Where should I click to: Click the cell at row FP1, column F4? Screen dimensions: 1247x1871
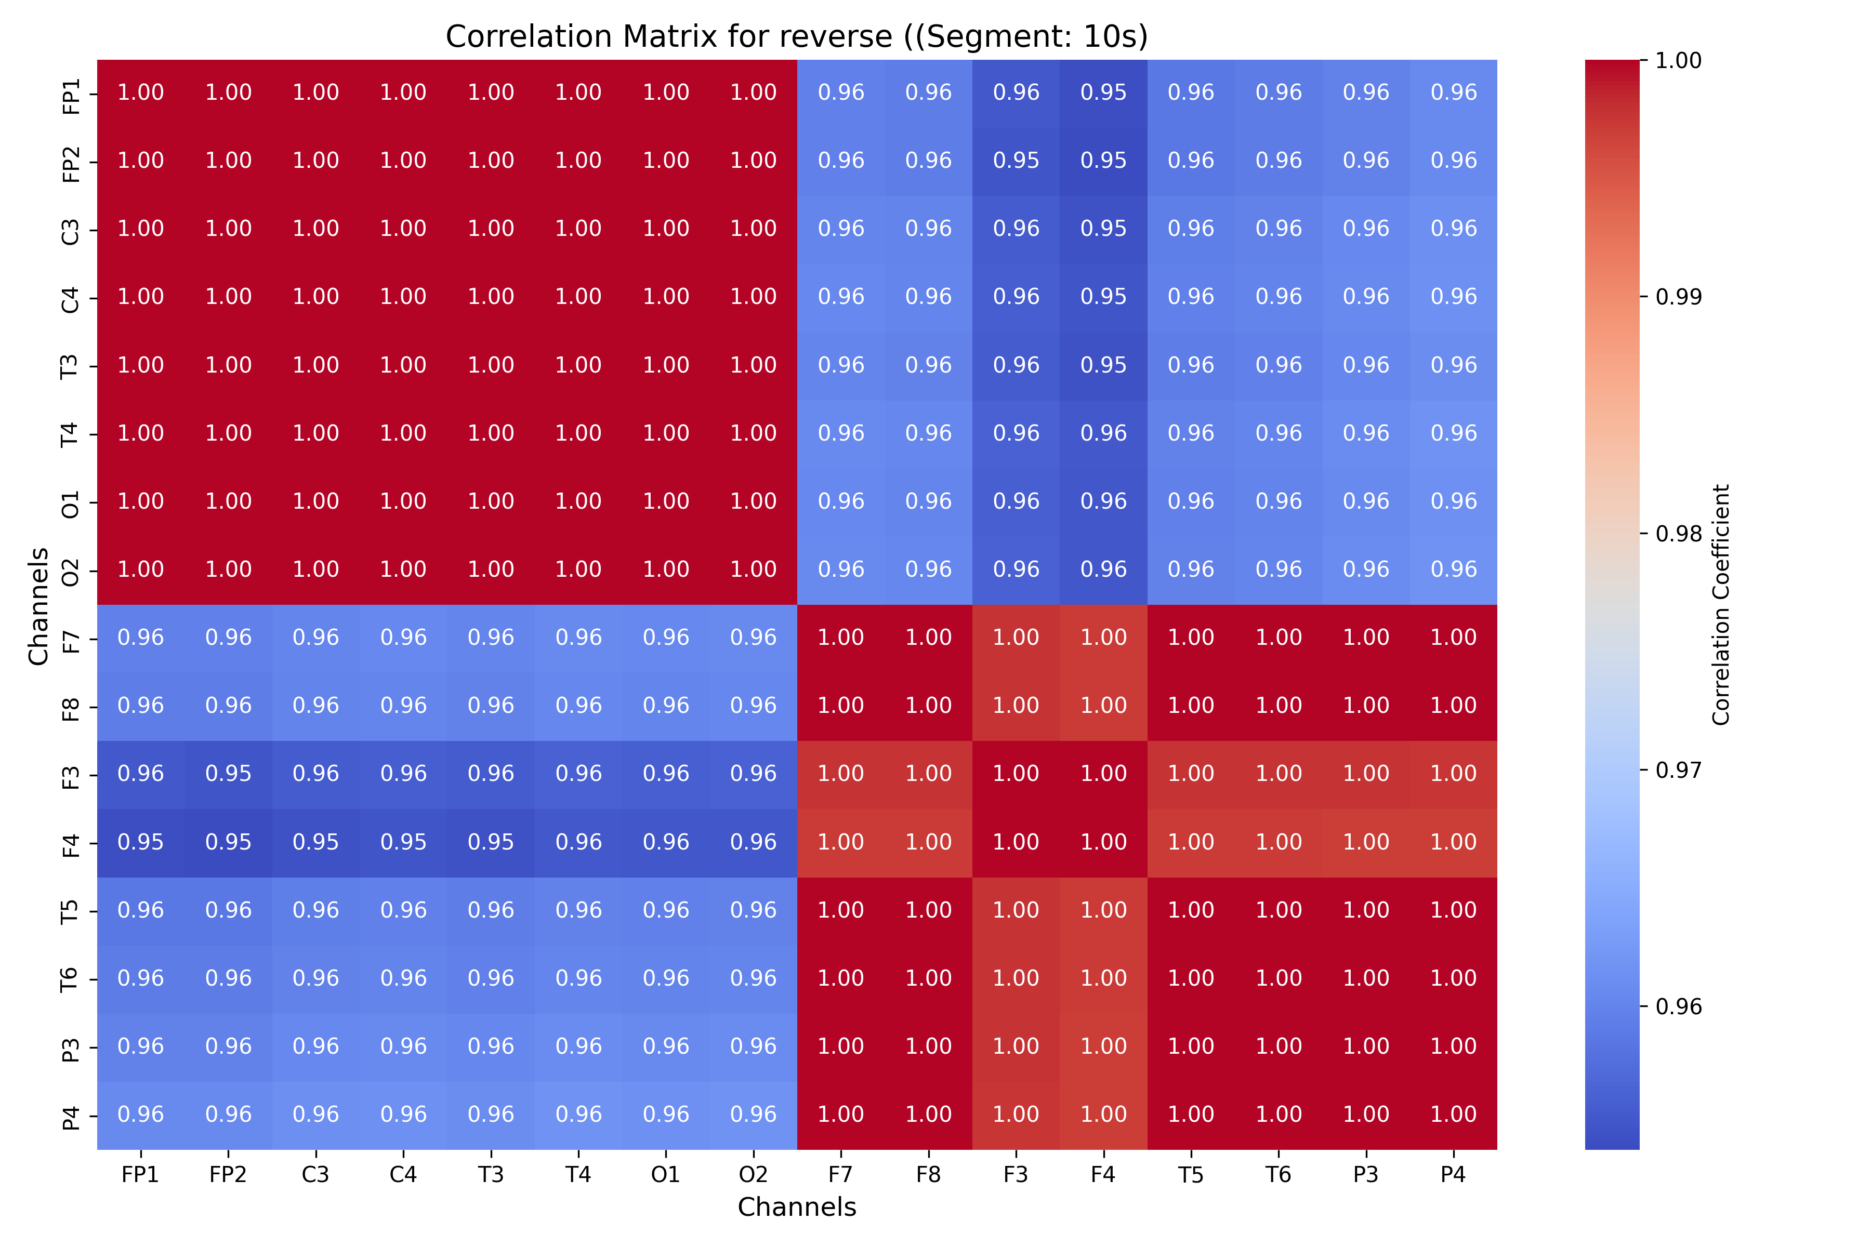[x=1103, y=93]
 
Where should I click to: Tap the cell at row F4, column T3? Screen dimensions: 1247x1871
[x=491, y=843]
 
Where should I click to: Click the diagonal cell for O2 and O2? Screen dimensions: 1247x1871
[x=753, y=570]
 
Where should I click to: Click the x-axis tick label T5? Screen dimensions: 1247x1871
[x=1191, y=1175]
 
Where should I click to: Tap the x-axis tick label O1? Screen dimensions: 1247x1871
[x=666, y=1175]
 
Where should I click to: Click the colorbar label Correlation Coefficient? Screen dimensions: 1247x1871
[x=1721, y=604]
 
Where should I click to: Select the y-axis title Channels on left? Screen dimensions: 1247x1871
[x=38, y=605]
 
